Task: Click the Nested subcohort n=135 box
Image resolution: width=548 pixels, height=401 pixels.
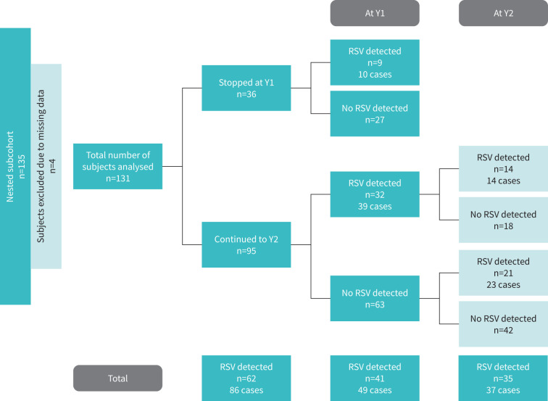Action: point(15,166)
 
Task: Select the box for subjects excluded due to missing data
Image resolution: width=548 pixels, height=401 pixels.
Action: point(46,166)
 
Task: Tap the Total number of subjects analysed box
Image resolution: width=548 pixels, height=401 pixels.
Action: point(117,166)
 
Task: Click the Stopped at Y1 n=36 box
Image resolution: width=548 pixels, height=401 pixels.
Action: point(246,88)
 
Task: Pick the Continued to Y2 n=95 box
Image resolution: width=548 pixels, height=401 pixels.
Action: point(246,244)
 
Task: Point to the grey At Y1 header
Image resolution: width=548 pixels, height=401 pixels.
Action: point(375,13)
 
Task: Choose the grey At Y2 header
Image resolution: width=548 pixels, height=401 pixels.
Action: point(503,13)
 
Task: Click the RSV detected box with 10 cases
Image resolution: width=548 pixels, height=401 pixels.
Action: point(375,62)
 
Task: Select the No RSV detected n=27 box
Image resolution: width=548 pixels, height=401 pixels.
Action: point(375,114)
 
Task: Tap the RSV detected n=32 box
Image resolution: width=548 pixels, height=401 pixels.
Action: point(375,194)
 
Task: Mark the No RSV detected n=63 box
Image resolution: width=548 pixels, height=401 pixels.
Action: point(375,298)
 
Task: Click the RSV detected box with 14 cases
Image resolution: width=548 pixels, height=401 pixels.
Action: point(503,168)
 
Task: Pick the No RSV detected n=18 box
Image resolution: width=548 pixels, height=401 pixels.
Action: point(503,220)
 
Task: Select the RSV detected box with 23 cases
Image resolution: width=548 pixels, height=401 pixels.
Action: point(503,273)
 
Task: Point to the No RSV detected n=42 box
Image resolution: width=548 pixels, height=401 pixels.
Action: point(503,324)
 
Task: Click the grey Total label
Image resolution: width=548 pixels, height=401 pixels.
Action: point(117,378)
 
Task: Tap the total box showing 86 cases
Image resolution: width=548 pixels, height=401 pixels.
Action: point(246,378)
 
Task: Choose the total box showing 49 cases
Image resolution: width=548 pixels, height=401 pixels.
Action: point(375,378)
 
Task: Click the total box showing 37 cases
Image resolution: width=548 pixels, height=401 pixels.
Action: point(503,378)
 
